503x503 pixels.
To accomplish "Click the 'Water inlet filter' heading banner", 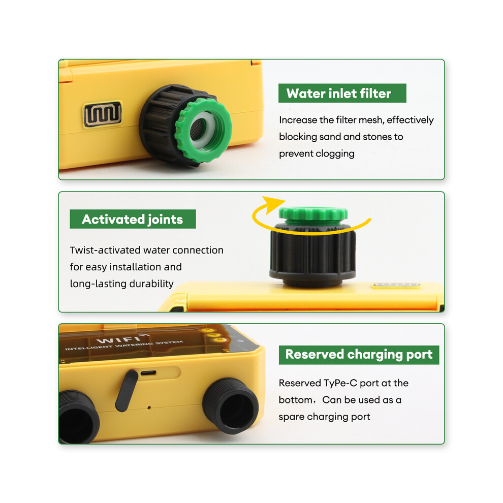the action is (342, 93).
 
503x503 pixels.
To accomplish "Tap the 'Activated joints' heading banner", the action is (133, 219).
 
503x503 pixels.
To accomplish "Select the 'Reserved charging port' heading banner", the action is (359, 355).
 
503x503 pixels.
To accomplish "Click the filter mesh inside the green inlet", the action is (199, 129).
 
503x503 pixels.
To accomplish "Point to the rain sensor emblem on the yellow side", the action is (103, 114).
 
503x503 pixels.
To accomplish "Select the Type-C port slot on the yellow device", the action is (148, 373).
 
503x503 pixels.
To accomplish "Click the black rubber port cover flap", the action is (127, 390).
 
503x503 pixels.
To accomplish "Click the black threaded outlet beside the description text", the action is (231, 406).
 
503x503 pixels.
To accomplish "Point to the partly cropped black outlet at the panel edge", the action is (79, 417).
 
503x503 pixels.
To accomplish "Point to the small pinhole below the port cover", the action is (149, 407).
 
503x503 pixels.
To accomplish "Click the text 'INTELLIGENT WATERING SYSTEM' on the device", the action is (124, 345).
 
